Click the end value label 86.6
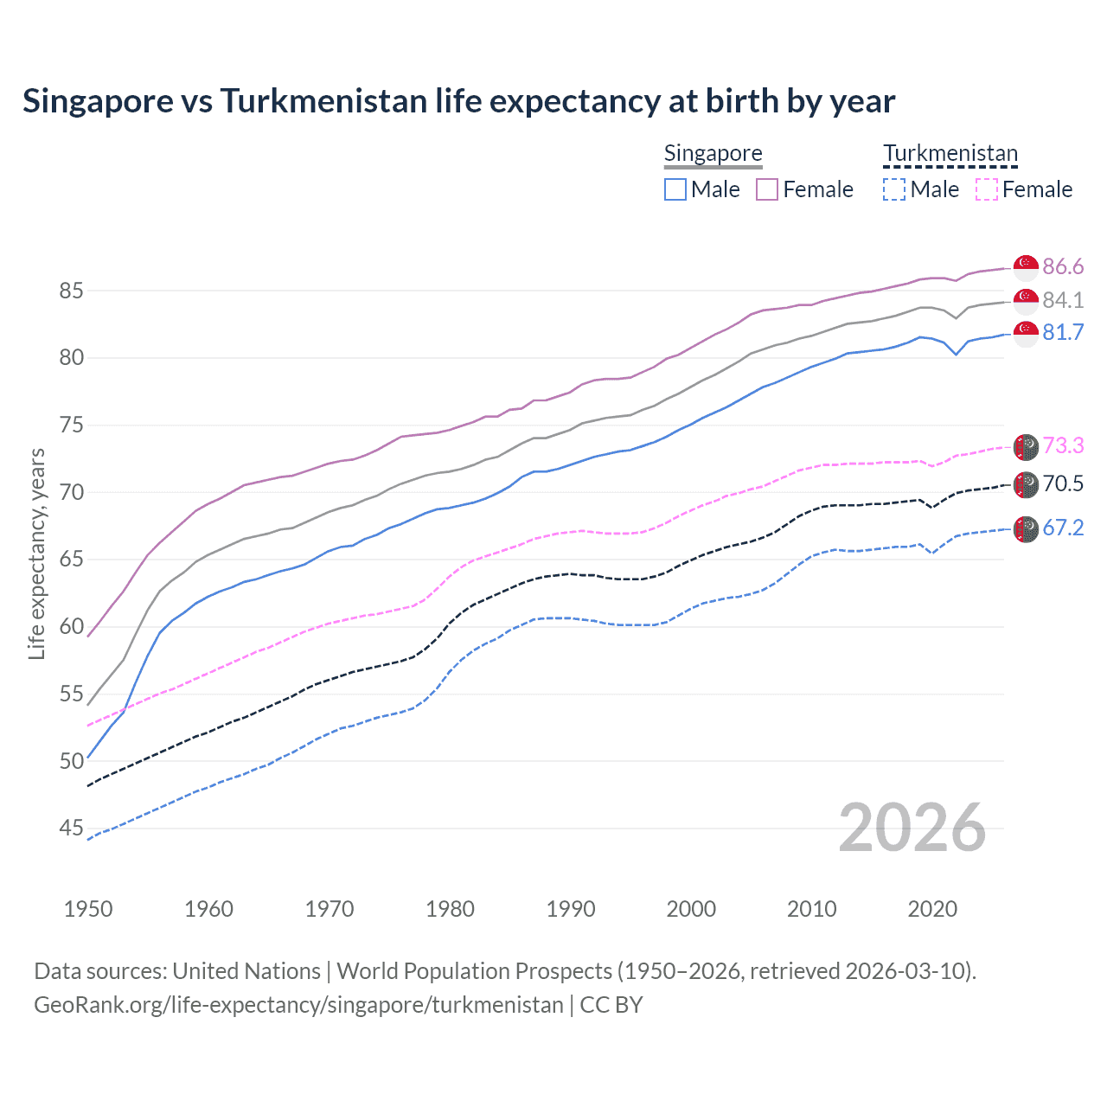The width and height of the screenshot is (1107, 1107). pyautogui.click(x=1063, y=266)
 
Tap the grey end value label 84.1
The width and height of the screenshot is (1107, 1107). pyautogui.click(x=1063, y=300)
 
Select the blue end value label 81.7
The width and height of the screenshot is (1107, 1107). pyautogui.click(x=1063, y=333)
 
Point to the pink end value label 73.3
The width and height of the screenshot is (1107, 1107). pyautogui.click(x=1063, y=445)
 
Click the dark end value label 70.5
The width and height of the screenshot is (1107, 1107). pyautogui.click(x=1063, y=483)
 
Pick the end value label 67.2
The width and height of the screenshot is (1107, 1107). pyautogui.click(x=1063, y=528)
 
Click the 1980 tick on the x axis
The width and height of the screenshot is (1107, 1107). pyautogui.click(x=450, y=909)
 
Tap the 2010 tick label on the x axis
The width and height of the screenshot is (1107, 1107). pyautogui.click(x=811, y=909)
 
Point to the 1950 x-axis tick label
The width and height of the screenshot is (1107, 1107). pyautogui.click(x=88, y=909)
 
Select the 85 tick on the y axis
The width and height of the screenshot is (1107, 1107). pyautogui.click(x=71, y=291)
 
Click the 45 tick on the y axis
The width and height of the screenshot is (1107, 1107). pyautogui.click(x=71, y=829)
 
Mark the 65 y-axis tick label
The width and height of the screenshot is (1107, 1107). pyautogui.click(x=71, y=560)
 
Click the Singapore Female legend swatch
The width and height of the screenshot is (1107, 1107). pyautogui.click(x=767, y=189)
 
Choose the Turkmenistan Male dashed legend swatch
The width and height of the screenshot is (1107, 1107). pyautogui.click(x=894, y=189)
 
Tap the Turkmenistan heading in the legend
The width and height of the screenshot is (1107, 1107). pyautogui.click(x=950, y=154)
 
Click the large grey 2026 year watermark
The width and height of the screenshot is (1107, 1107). pyautogui.click(x=912, y=828)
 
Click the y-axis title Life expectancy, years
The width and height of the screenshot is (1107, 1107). pyautogui.click(x=36, y=553)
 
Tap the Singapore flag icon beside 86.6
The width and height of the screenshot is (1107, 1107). pyautogui.click(x=1026, y=266)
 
